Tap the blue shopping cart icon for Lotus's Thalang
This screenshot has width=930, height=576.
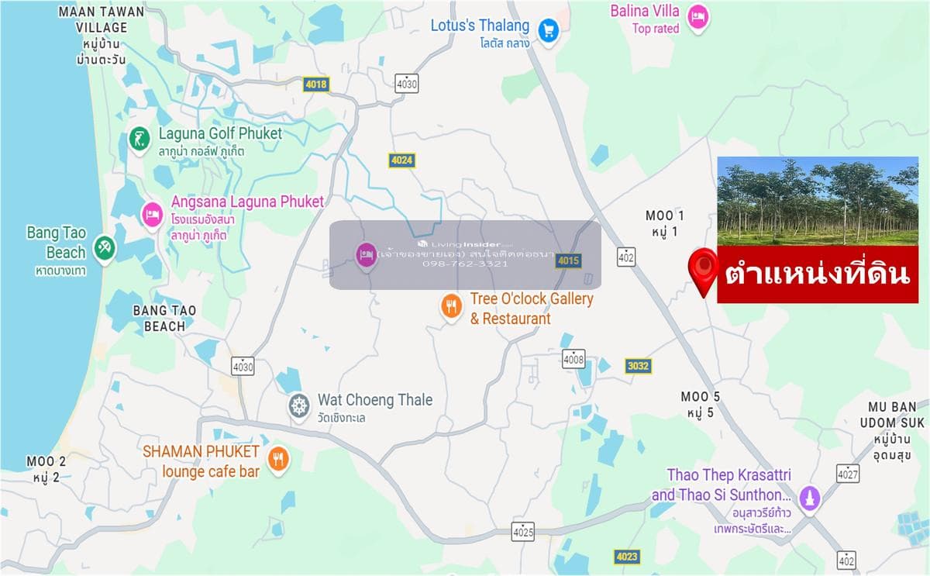pyautogui.click(x=549, y=30)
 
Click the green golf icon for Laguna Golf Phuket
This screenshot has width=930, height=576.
pyautogui.click(x=139, y=140)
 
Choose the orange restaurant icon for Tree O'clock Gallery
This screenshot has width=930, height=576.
pyautogui.click(x=451, y=305)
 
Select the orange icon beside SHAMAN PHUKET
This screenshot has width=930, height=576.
pyautogui.click(x=277, y=459)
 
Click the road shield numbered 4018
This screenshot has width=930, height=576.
pyautogui.click(x=316, y=85)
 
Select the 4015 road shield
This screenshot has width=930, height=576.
pyautogui.click(x=568, y=261)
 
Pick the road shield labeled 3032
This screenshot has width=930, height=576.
pyautogui.click(x=639, y=366)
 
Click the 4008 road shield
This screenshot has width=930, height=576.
pyautogui.click(x=573, y=359)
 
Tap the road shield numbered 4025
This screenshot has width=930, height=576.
pyautogui.click(x=523, y=532)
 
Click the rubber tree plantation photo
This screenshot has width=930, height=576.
pyautogui.click(x=817, y=199)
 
